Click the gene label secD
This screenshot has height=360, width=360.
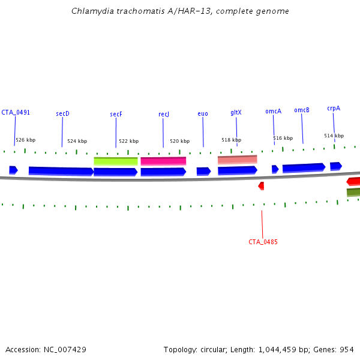tap(63, 113)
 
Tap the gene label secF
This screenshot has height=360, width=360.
tap(116, 114)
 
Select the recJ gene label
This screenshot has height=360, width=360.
tap(164, 114)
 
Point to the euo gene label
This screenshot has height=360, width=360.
tap(203, 113)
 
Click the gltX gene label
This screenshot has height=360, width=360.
tap(236, 112)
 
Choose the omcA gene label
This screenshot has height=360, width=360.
tap(273, 111)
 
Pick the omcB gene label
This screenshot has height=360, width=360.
tap(302, 110)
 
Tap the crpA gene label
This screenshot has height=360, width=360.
tap(334, 109)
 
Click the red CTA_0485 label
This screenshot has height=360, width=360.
tap(263, 242)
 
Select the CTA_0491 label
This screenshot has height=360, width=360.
tap(16, 112)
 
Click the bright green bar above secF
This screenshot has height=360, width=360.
tap(116, 161)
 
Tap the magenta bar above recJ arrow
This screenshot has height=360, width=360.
tap(163, 161)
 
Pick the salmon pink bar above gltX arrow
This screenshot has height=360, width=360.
tap(237, 159)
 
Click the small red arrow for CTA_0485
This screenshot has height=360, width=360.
tap(261, 186)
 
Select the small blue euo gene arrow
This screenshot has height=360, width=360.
tap(203, 171)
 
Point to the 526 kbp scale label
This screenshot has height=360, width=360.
tap(25, 140)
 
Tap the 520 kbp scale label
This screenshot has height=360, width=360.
tap(179, 141)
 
